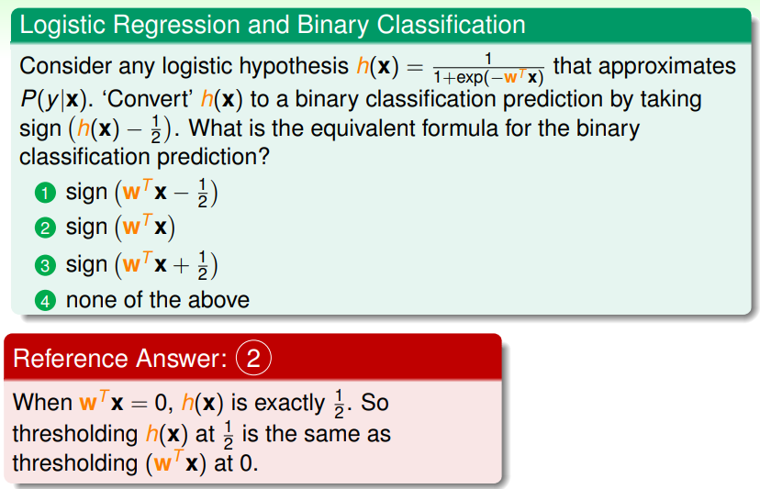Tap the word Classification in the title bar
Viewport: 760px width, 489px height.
452,25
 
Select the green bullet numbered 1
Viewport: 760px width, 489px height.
45,193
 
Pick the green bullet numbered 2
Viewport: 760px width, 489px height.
45,228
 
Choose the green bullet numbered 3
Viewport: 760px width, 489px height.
45,265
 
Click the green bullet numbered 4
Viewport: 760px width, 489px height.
45,301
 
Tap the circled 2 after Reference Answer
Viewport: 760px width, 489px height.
253,358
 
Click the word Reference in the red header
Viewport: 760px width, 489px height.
71,359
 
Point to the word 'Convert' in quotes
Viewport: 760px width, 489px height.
148,99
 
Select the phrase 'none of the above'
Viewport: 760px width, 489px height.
158,300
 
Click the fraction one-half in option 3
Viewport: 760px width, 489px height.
203,265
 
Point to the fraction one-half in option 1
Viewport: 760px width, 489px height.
203,193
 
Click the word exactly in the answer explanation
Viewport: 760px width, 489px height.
289,404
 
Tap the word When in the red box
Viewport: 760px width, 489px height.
42,402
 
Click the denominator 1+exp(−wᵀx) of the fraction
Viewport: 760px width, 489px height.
488,77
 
